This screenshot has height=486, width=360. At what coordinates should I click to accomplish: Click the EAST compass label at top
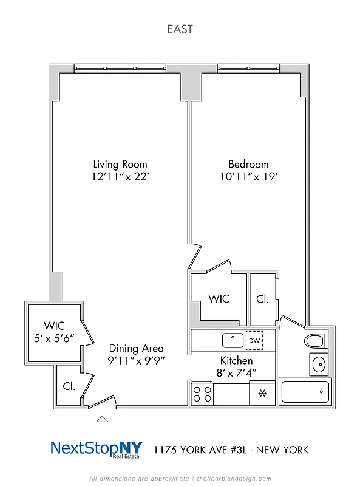click(x=180, y=28)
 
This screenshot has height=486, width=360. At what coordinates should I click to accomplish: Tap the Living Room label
click(x=120, y=164)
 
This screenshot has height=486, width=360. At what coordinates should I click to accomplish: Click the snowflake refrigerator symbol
click(x=263, y=394)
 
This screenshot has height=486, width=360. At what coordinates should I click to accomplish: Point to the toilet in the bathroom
click(x=315, y=341)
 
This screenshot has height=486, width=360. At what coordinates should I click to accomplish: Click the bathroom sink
click(x=318, y=364)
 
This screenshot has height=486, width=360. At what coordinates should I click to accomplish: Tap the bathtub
click(x=305, y=393)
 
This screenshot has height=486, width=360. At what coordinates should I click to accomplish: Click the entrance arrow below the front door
click(x=103, y=419)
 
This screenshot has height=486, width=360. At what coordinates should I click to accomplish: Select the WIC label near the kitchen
click(x=219, y=299)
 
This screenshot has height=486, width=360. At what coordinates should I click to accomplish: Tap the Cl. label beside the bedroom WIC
click(x=262, y=299)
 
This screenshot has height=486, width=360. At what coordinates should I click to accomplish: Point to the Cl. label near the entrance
click(x=69, y=385)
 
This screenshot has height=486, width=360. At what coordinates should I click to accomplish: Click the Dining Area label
click(x=136, y=348)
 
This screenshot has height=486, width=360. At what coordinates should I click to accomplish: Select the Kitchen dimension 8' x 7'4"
click(x=236, y=373)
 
